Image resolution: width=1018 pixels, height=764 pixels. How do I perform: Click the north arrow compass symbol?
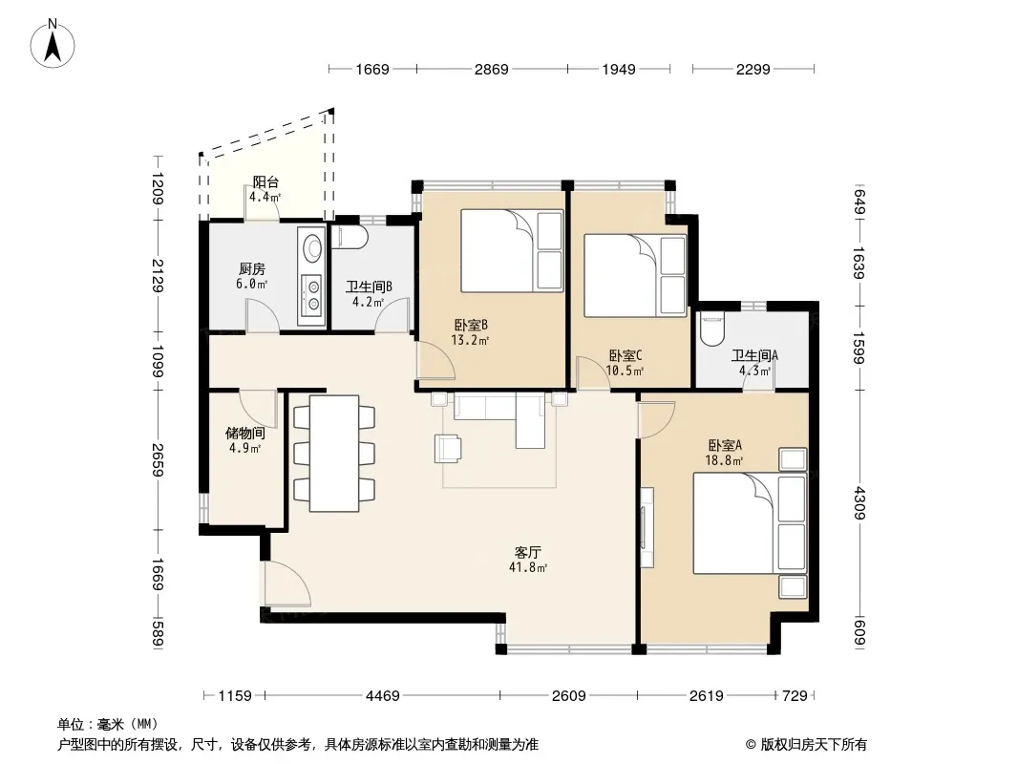(53, 44)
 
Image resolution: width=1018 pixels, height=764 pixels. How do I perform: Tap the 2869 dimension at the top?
(492, 69)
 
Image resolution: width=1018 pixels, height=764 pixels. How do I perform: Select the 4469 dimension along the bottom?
(382, 696)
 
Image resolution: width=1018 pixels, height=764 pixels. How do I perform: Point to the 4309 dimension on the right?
(859, 503)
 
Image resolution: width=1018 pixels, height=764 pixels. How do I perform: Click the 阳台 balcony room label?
(265, 182)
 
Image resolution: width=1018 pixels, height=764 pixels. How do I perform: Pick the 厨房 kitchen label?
(252, 268)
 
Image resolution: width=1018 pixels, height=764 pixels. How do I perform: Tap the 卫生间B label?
(369, 286)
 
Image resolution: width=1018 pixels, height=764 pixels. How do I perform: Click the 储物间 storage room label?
(244, 433)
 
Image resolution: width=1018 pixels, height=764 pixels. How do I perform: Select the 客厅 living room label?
(527, 552)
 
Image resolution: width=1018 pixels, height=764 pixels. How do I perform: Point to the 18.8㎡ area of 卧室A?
(724, 461)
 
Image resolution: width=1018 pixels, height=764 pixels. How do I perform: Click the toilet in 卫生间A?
(712, 329)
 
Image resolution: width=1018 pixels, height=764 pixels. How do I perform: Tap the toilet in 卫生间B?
(350, 237)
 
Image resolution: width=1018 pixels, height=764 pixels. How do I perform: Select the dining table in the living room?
(334, 453)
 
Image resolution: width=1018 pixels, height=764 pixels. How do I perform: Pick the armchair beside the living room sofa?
(448, 449)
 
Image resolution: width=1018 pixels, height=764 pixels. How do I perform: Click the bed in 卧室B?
(512, 250)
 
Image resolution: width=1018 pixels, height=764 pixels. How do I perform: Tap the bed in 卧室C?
(635, 275)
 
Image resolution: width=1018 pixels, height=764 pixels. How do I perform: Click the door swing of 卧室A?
(656, 419)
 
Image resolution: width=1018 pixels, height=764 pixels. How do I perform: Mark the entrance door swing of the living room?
(286, 584)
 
